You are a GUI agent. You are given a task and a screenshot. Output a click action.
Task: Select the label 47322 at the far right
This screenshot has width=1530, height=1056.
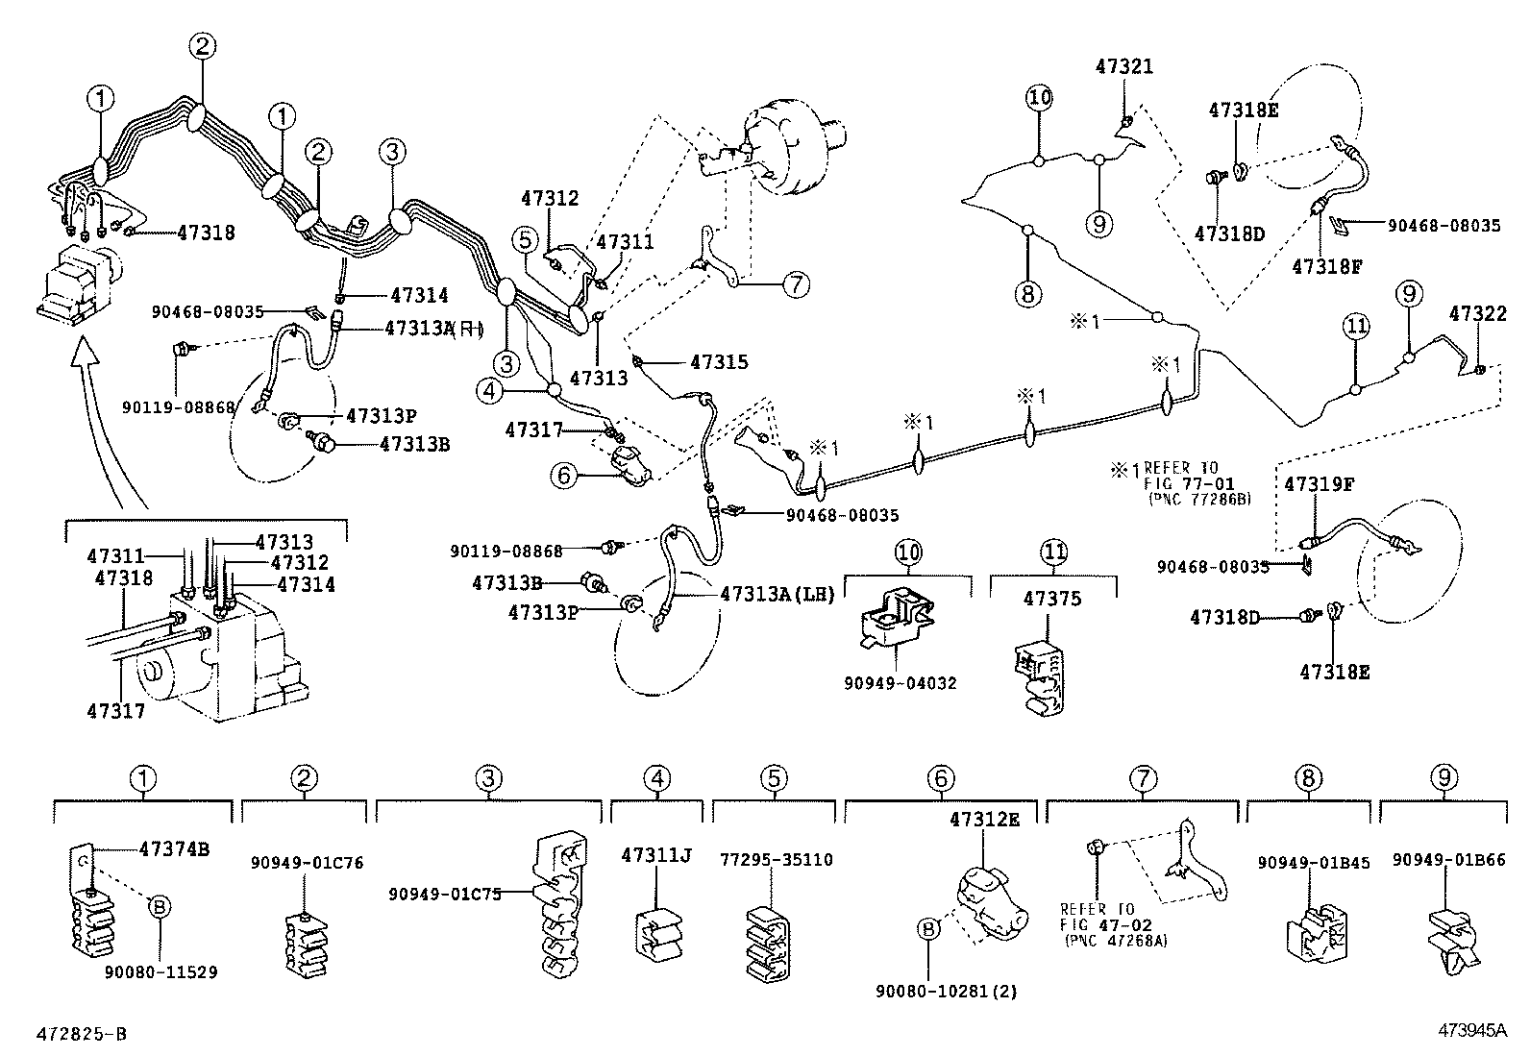[x=1477, y=314]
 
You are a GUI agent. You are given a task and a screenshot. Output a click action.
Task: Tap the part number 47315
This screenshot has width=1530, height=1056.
[x=718, y=362]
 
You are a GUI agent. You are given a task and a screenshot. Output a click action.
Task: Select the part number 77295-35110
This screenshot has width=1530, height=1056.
[x=776, y=860]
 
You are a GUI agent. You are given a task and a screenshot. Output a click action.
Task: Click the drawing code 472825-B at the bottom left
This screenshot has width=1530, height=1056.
[x=81, y=1034]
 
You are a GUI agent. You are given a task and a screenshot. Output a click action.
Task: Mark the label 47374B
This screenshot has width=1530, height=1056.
[x=175, y=848]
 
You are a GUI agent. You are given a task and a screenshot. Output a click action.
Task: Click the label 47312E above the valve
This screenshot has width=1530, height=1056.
[x=984, y=819]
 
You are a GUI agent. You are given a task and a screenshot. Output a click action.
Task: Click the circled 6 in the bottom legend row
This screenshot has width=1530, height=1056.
[x=941, y=779]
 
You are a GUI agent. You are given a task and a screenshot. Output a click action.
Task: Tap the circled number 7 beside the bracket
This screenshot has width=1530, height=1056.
[x=796, y=284]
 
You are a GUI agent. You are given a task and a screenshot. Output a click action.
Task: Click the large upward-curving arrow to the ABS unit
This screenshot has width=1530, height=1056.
[x=96, y=413]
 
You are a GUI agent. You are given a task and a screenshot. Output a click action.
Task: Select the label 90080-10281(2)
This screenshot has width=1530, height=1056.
[x=935, y=991]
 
